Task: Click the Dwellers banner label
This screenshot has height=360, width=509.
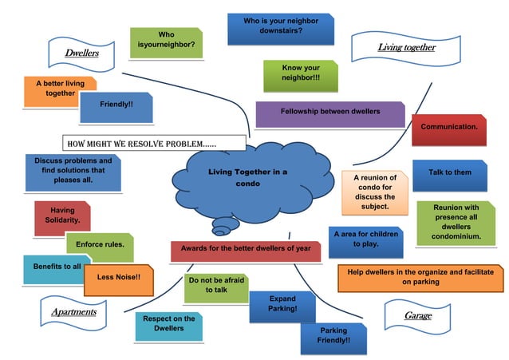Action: click(81, 53)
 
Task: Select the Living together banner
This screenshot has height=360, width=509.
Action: click(405, 48)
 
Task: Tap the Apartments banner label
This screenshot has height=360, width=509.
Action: click(73, 312)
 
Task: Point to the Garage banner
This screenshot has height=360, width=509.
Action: click(417, 316)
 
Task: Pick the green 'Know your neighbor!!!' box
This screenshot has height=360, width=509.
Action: click(300, 74)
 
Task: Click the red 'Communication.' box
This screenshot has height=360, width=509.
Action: click(448, 128)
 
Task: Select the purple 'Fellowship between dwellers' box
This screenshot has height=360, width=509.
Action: click(329, 113)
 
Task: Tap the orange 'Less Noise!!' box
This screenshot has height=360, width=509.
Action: click(117, 277)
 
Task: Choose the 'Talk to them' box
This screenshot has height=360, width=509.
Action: click(449, 173)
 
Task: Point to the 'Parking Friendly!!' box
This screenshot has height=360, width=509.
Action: click(333, 336)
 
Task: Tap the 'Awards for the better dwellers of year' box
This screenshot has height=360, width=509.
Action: click(245, 249)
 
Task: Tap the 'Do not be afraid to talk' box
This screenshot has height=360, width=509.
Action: click(215, 286)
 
